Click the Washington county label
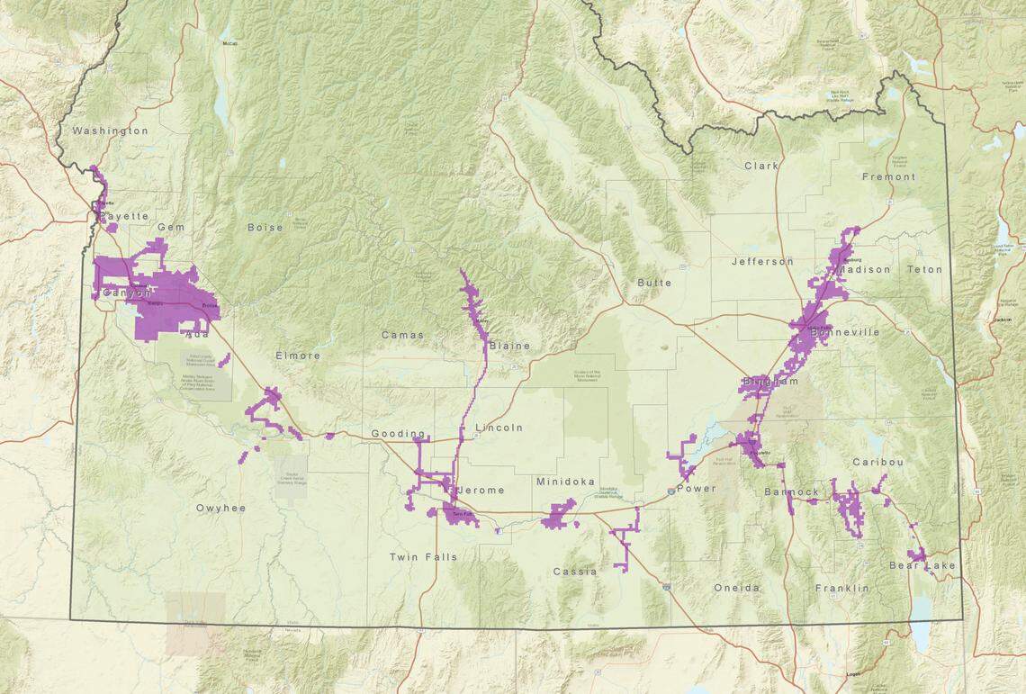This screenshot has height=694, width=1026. [x=110, y=131]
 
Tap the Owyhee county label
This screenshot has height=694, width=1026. [x=220, y=509]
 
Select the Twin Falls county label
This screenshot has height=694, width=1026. [x=423, y=557]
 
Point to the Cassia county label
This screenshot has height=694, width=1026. [x=574, y=572]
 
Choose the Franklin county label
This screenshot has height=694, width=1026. [x=842, y=588]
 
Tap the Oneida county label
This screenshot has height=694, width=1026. [x=736, y=588]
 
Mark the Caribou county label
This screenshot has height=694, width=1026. [x=877, y=462]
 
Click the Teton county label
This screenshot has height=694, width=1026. [x=924, y=269]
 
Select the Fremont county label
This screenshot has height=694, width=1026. [x=888, y=177]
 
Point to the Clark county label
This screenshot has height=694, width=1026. [x=760, y=166]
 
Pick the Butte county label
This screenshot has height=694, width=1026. [x=653, y=283]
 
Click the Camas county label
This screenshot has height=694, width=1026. [x=401, y=335]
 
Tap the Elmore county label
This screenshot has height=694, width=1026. [x=298, y=356]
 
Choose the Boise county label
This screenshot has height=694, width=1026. [x=265, y=228]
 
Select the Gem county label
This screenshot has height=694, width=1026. [x=171, y=228]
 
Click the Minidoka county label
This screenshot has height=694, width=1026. [x=565, y=482]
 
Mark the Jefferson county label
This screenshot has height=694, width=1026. [x=762, y=262]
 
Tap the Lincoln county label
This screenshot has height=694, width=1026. [x=499, y=428]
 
